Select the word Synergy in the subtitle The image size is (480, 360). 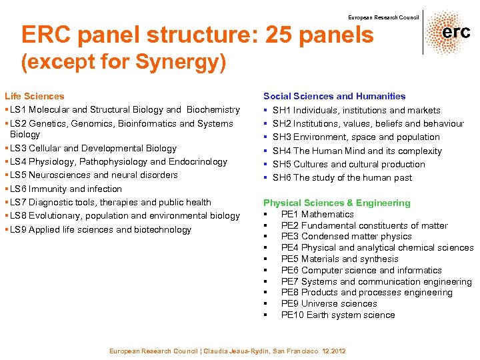(x=188, y=63)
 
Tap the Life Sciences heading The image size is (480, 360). (x=35, y=96)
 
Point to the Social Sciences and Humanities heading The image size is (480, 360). (x=334, y=96)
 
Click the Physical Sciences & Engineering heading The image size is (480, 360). (x=337, y=203)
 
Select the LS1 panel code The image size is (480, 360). (x=17, y=109)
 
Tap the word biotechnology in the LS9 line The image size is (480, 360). (x=163, y=229)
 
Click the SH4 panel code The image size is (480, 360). (x=282, y=151)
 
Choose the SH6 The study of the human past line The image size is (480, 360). (x=342, y=177)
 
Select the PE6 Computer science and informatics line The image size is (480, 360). (x=361, y=270)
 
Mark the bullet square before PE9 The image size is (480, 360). (x=265, y=304)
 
